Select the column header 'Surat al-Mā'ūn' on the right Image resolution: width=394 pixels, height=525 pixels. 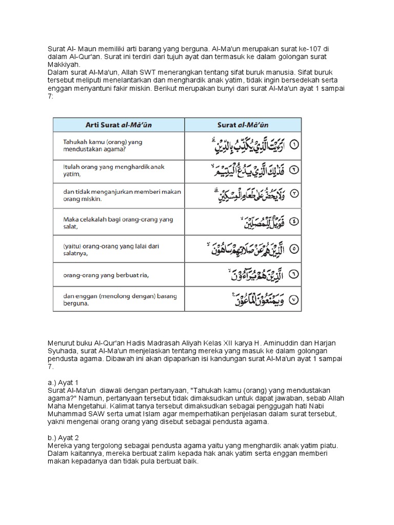tap(243, 124)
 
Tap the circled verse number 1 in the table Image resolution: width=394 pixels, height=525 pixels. tap(294, 145)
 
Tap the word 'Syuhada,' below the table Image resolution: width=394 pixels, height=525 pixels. tap(64, 351)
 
